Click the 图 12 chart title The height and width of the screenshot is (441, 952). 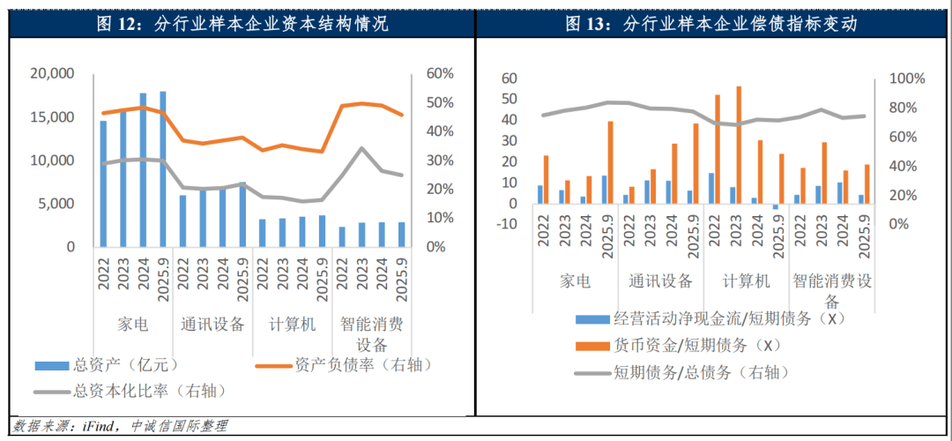coord(241,24)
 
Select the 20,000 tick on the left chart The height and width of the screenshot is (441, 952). coord(54,74)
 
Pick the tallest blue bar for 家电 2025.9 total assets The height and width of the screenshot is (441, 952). coord(163,168)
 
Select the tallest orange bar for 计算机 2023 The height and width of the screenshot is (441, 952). coord(739,145)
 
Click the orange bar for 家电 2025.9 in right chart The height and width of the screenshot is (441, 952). coord(610,162)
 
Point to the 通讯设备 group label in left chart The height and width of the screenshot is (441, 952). coord(212,324)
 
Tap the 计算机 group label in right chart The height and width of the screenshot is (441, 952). coord(746,281)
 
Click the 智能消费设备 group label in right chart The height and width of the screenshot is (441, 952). coord(831,281)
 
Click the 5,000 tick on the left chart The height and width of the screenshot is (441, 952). coord(58,204)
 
